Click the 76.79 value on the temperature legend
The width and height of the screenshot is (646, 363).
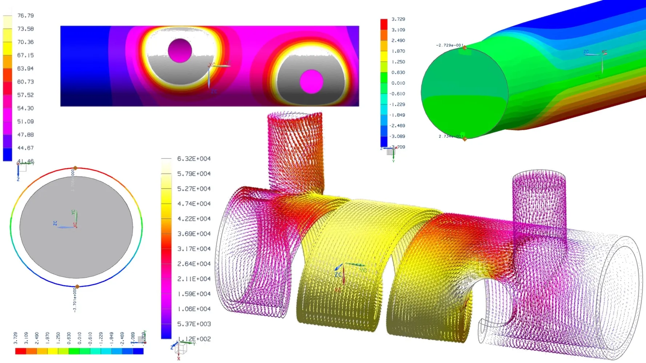25,16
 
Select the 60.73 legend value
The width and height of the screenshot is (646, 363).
25,82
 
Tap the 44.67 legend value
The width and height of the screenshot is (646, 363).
25,148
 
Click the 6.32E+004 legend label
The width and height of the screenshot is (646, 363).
194,159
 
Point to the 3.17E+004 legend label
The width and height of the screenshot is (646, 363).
194,249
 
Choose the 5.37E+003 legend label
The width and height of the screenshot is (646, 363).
194,324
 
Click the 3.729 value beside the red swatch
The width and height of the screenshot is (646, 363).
398,19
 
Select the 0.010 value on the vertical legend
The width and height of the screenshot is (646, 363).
398,83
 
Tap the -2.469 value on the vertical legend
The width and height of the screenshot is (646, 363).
397,126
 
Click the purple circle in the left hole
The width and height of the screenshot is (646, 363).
180,50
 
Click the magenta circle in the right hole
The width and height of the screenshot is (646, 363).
311,81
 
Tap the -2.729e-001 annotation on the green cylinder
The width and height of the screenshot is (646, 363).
449,45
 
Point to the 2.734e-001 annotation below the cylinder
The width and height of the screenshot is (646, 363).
451,136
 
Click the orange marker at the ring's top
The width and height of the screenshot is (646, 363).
75,168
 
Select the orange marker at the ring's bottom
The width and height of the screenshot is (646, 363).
77,286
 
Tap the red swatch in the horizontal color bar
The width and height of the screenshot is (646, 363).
20,351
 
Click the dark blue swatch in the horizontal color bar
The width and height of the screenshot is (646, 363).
138,351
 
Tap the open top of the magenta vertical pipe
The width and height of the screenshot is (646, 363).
539,175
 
